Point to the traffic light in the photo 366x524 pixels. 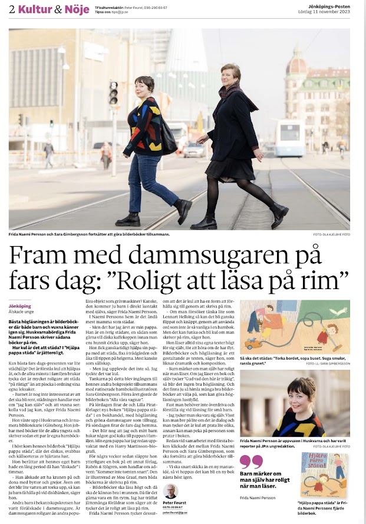click(113, 92)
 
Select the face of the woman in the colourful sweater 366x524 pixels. click(146, 86)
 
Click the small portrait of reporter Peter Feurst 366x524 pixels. click(171, 492)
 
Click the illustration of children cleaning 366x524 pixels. click(295, 326)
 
